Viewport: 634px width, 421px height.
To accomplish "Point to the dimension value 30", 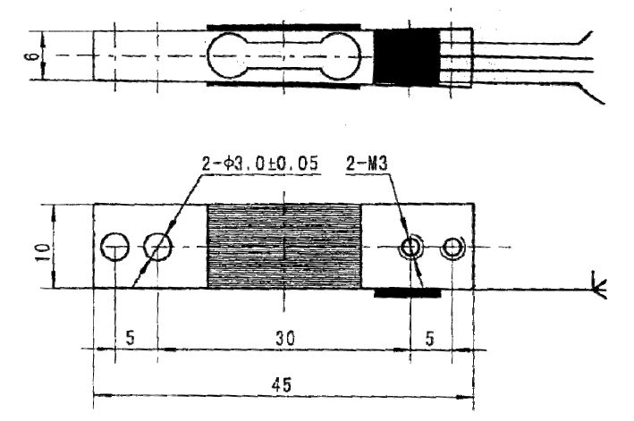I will pos(283,339).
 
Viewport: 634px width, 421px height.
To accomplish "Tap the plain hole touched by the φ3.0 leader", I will pos(157,246).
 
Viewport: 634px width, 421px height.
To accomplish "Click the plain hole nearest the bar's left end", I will pos(114,246).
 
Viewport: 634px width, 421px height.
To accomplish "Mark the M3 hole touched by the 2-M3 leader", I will pos(411,246).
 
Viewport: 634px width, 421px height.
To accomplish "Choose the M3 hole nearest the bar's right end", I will pos(452,246).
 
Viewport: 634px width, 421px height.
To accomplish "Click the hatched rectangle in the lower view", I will pos(283,246).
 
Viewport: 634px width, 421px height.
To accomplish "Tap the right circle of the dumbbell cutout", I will pos(342,55).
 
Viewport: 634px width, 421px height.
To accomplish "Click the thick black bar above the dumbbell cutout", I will pos(283,28).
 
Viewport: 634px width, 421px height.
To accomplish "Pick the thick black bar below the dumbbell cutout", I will pos(283,85).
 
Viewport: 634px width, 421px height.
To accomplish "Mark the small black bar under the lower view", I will pos(407,292).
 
